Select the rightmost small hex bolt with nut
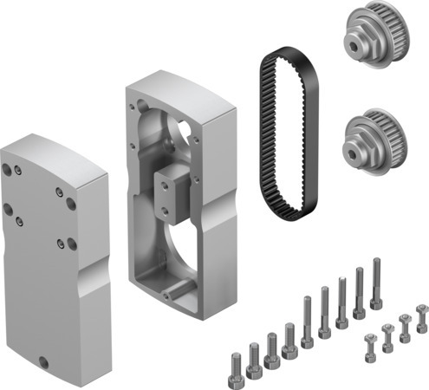421,317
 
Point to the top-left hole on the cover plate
9,170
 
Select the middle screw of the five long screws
341,302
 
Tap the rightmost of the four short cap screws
289,341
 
